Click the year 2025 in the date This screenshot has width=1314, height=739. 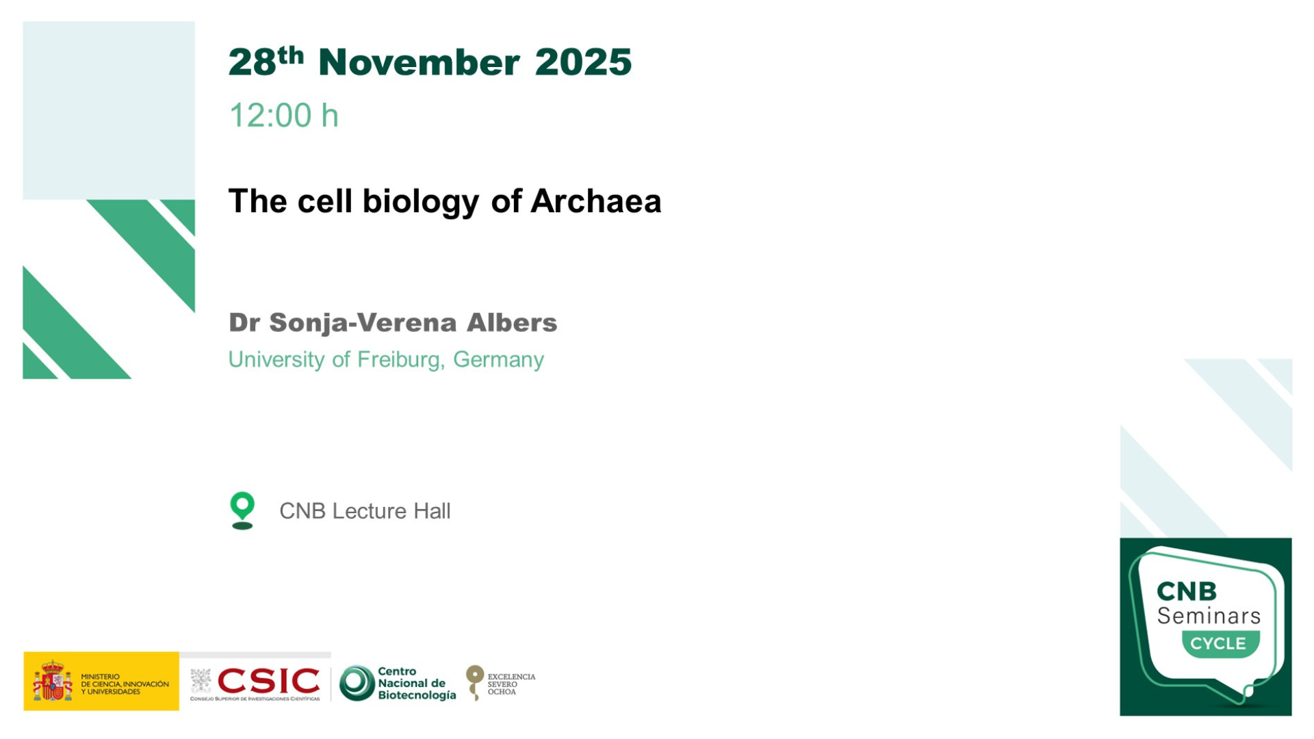pos(583,62)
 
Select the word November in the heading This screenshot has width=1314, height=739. pos(419,62)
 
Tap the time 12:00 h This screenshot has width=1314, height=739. pos(283,115)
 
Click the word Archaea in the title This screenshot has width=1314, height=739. pos(596,201)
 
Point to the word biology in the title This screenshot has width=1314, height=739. pos(421,203)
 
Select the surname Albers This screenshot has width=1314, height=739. pos(512,322)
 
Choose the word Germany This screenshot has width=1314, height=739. pos(498,360)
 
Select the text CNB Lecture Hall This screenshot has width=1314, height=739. pos(365,511)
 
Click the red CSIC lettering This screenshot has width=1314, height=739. pos(268,681)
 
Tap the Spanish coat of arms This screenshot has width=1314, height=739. pos(53,681)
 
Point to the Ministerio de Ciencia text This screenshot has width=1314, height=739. pos(125,684)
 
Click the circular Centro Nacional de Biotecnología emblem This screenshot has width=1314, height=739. pos(357,683)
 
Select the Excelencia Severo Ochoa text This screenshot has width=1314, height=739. pos(511,684)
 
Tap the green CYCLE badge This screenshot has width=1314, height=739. pos(1220,644)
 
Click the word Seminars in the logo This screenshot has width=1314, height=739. pos(1209,616)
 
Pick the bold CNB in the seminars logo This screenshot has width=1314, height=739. pos(1187,591)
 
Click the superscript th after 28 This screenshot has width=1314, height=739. pos(291,55)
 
